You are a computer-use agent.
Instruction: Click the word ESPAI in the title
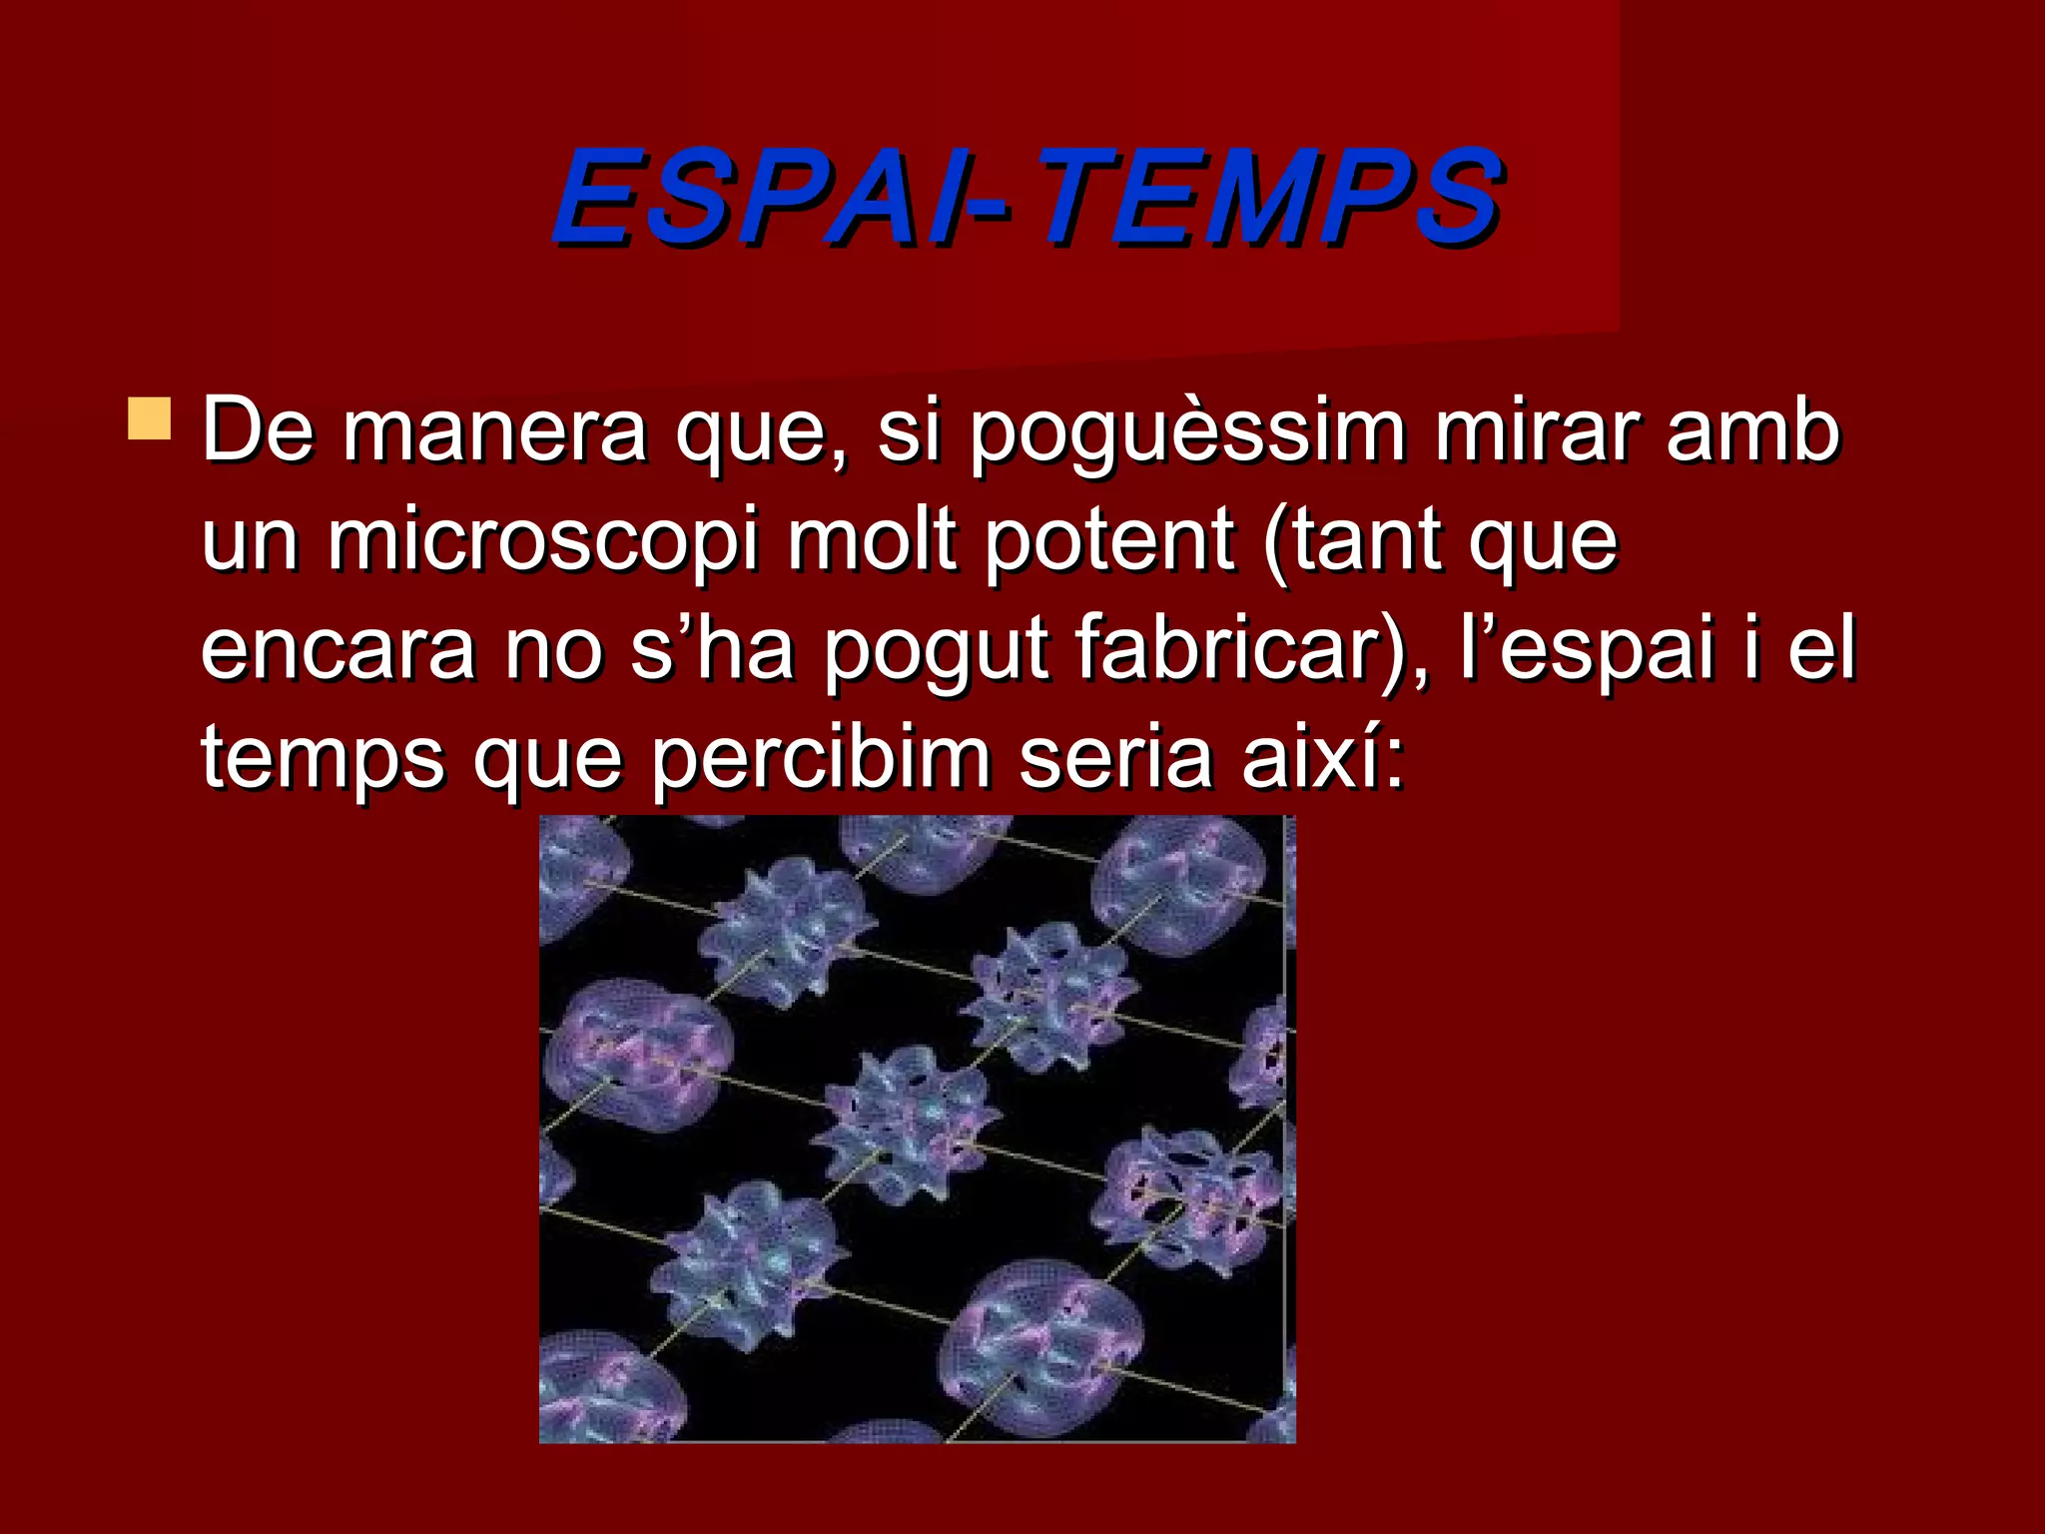click(x=749, y=197)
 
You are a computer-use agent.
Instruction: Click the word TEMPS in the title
click(x=1268, y=197)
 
